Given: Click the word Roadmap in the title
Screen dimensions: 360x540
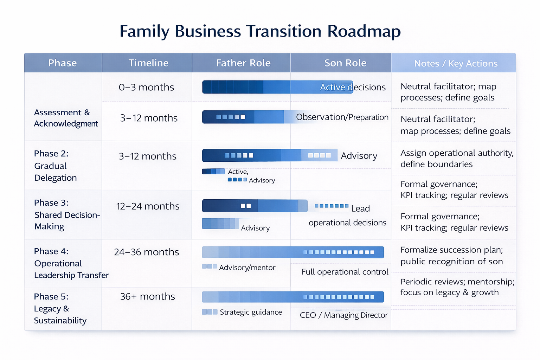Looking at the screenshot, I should pos(364,31).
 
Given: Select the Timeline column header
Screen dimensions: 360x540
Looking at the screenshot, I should pos(148,63).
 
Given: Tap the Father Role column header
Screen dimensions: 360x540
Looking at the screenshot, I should pos(243,63).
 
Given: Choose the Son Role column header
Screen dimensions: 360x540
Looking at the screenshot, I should pos(345,63).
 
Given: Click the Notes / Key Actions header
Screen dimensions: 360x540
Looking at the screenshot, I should pos(456,64).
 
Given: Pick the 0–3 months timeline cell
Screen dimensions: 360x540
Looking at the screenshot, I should pos(146,87).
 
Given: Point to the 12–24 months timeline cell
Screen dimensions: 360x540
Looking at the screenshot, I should pos(148,206).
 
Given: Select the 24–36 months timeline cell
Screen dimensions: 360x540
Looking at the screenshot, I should pos(146,252).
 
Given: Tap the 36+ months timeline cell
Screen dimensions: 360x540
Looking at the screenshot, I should pos(147,297).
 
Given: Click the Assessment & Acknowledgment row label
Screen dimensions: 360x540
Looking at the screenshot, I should pos(65,118).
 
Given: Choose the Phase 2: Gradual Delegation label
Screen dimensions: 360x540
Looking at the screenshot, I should pos(55,166).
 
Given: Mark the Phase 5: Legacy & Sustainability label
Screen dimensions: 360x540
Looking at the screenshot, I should pos(60,309).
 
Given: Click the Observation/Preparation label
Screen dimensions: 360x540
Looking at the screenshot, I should pos(342,117).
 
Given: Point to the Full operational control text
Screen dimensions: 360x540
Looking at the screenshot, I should pos(345,272).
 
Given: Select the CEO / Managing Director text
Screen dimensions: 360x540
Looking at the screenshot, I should pos(343,315).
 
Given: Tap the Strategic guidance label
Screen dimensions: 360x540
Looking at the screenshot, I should pos(251,312).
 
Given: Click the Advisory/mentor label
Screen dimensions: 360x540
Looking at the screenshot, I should pos(247,268).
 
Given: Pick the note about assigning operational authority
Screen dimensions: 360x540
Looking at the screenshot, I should pos(457,159).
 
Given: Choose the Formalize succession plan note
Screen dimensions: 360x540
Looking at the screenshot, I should pos(451,256).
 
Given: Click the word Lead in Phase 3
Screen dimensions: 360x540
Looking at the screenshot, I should pos(360,208).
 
